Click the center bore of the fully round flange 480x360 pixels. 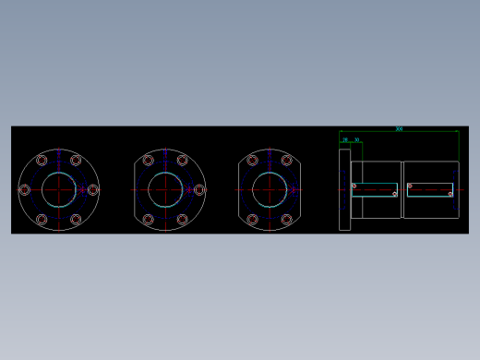58,189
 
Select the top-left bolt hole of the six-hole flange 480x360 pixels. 42,161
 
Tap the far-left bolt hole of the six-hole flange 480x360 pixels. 25,189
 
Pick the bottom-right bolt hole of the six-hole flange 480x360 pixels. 76,219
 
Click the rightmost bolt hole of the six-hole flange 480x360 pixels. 92,189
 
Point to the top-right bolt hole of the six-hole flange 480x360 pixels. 76,161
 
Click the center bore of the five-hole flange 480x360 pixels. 165,189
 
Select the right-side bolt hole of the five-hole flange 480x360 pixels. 199,189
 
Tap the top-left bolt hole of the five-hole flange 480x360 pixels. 149,161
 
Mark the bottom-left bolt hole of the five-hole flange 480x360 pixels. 149,219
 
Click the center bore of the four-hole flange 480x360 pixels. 270,189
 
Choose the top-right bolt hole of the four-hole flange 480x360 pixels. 287,161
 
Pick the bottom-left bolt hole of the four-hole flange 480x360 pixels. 253,219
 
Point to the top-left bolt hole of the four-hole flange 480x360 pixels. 253,161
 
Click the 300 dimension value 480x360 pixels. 399,128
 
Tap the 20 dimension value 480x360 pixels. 346,140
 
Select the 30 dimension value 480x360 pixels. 357,140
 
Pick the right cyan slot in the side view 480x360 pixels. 430,189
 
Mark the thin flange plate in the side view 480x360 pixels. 344,189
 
